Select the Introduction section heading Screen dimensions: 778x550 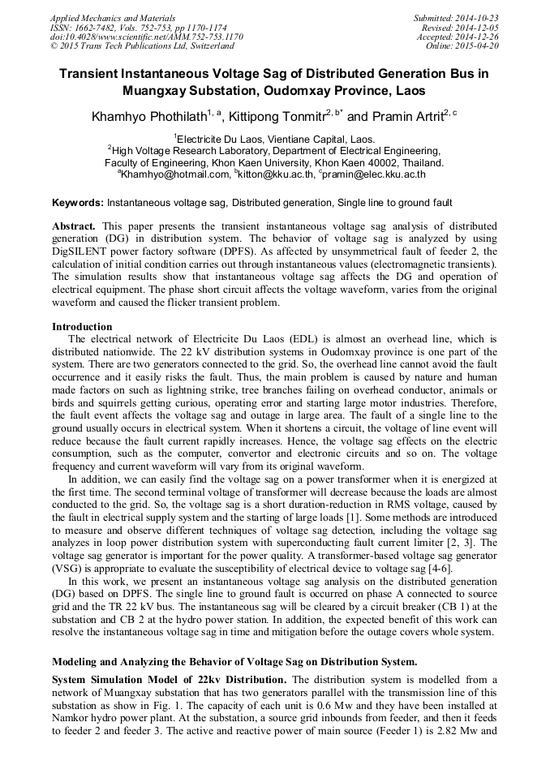(82, 327)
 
